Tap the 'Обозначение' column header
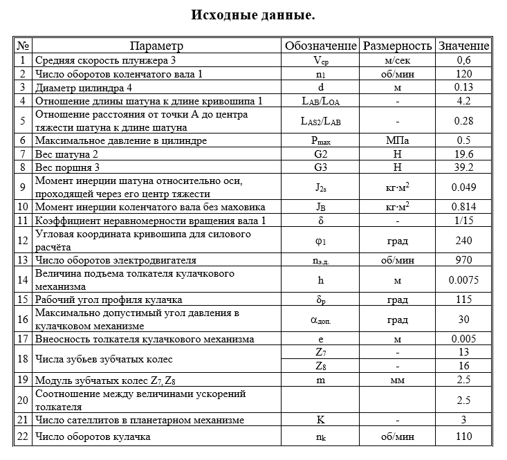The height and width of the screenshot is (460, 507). click(x=320, y=46)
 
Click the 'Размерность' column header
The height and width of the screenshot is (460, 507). click(x=397, y=46)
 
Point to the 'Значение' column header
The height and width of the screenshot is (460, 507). click(x=463, y=46)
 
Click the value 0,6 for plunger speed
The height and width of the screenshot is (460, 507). click(x=463, y=60)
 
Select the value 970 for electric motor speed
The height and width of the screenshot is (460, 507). click(x=463, y=260)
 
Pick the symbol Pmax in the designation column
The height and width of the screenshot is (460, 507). click(x=320, y=140)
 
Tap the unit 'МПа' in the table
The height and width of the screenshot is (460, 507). click(x=397, y=140)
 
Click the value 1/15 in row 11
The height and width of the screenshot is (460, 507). click(x=463, y=221)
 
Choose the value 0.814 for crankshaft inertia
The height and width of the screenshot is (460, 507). click(x=463, y=207)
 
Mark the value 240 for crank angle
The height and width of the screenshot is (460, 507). click(x=463, y=240)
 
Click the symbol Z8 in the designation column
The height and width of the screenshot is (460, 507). click(x=320, y=366)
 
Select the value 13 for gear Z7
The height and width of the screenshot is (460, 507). click(x=463, y=353)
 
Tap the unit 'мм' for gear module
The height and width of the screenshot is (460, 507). click(x=397, y=380)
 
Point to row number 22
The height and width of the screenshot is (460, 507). click(x=24, y=436)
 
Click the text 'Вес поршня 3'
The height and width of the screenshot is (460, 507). click(x=68, y=167)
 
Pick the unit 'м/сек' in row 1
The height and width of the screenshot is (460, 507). click(x=397, y=60)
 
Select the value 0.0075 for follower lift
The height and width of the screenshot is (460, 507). click(x=463, y=279)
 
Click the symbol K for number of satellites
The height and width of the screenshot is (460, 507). click(x=320, y=420)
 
